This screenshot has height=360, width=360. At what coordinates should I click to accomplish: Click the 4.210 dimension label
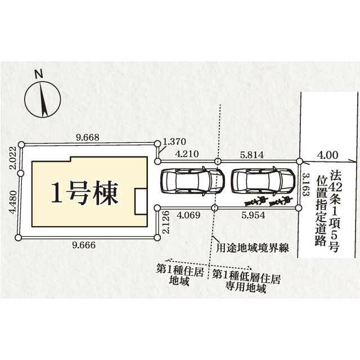[187, 153]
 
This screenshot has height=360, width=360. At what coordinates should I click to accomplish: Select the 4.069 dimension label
[188, 215]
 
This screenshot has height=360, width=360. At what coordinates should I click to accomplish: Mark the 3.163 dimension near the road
[306, 186]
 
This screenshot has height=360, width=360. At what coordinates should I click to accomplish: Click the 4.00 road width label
[328, 153]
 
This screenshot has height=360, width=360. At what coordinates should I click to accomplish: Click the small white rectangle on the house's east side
[139, 201]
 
